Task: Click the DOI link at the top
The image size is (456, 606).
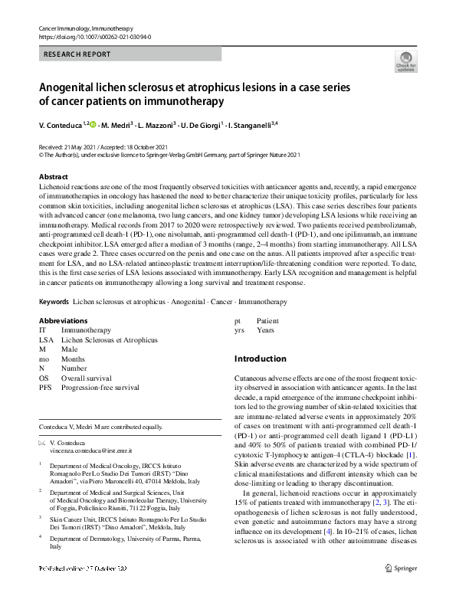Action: [x=94, y=37]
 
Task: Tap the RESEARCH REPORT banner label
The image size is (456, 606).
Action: [x=77, y=54]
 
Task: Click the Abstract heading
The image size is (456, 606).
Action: [x=54, y=176]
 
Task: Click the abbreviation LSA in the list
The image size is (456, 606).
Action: [x=46, y=339]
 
